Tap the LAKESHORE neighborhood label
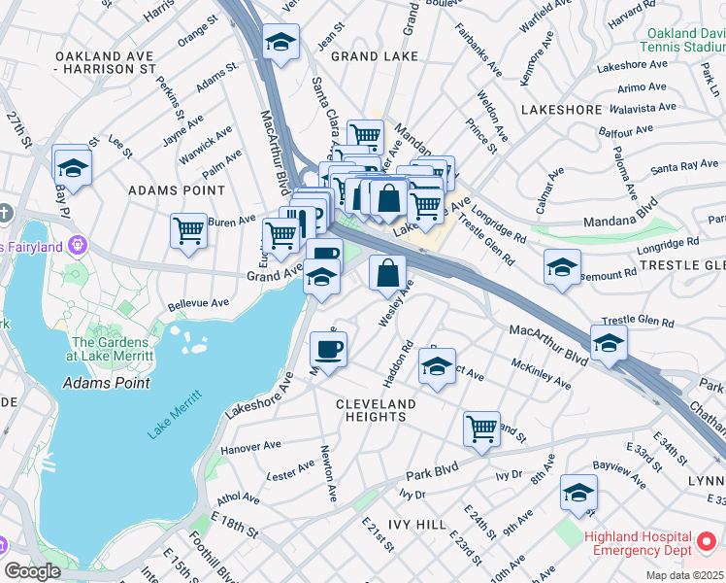[x=561, y=110]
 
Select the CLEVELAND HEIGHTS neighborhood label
[x=376, y=410]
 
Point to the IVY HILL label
[x=417, y=525]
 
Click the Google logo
[x=32, y=571]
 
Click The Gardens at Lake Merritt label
[x=110, y=349]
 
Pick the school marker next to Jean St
[x=280, y=43]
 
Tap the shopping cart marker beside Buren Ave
[x=188, y=231]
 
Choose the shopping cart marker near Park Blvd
[x=481, y=429]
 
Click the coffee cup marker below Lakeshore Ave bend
[x=328, y=350]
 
